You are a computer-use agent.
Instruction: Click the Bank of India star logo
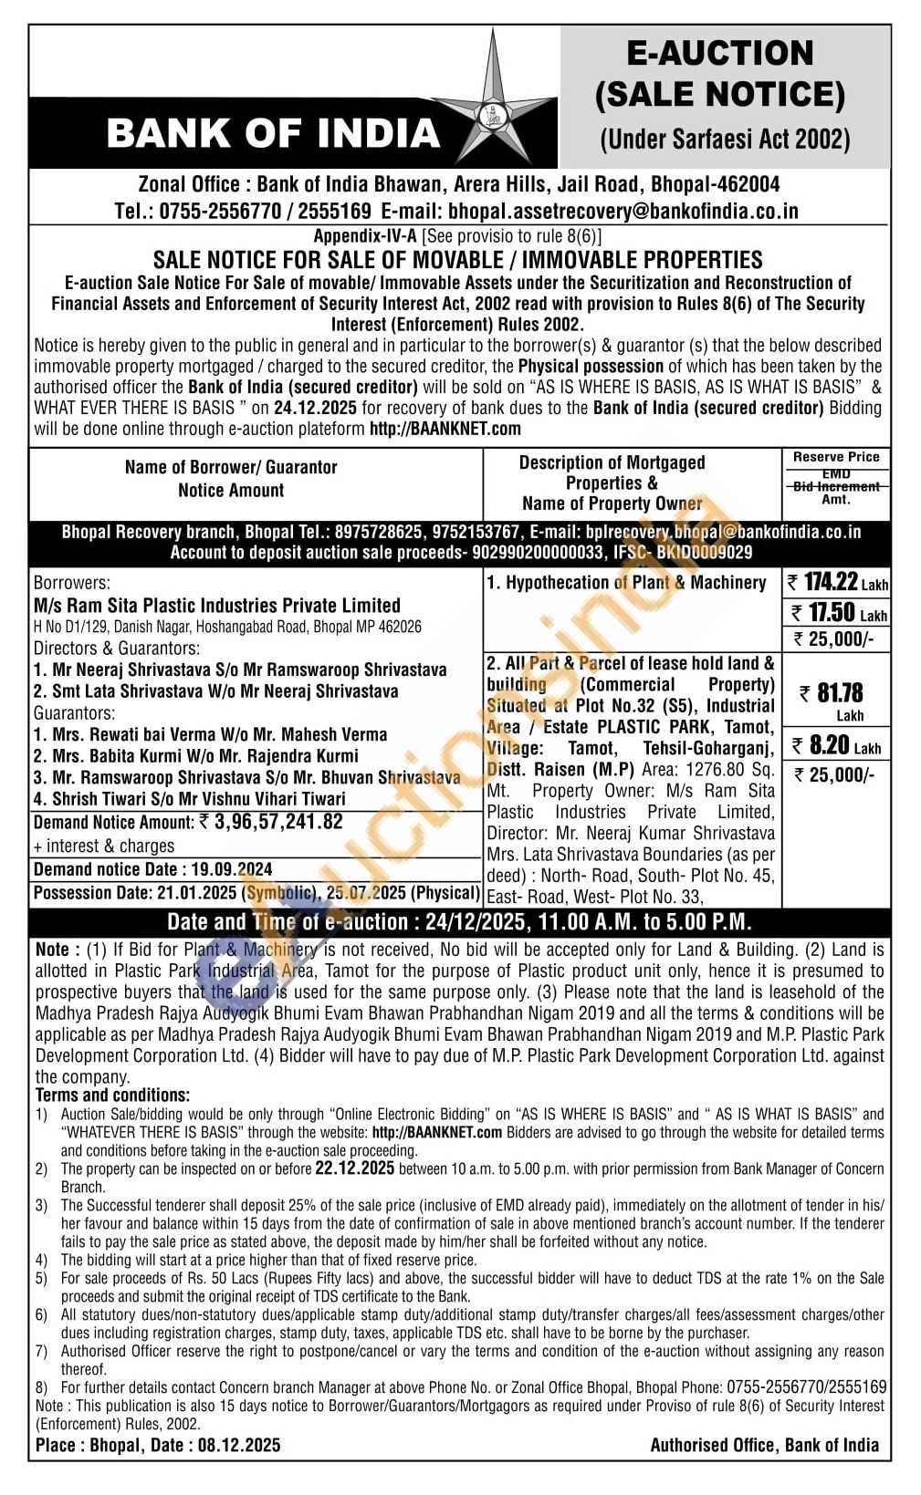pyautogui.click(x=493, y=100)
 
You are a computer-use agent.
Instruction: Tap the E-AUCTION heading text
pyautogui.click(x=719, y=53)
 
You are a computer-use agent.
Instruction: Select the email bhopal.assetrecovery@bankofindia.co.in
pyautogui.click(x=623, y=212)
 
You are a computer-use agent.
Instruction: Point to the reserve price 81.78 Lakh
pyautogui.click(x=836, y=693)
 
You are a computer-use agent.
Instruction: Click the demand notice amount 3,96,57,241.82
pyautogui.click(x=278, y=822)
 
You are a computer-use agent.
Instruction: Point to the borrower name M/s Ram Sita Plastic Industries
pyautogui.click(x=217, y=605)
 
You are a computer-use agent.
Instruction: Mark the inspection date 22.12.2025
pyautogui.click(x=354, y=1168)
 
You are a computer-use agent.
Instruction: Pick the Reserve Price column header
pyautogui.click(x=836, y=457)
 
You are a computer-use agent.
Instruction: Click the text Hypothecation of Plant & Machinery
pyautogui.click(x=635, y=582)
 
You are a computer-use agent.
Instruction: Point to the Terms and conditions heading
pyautogui.click(x=112, y=1095)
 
